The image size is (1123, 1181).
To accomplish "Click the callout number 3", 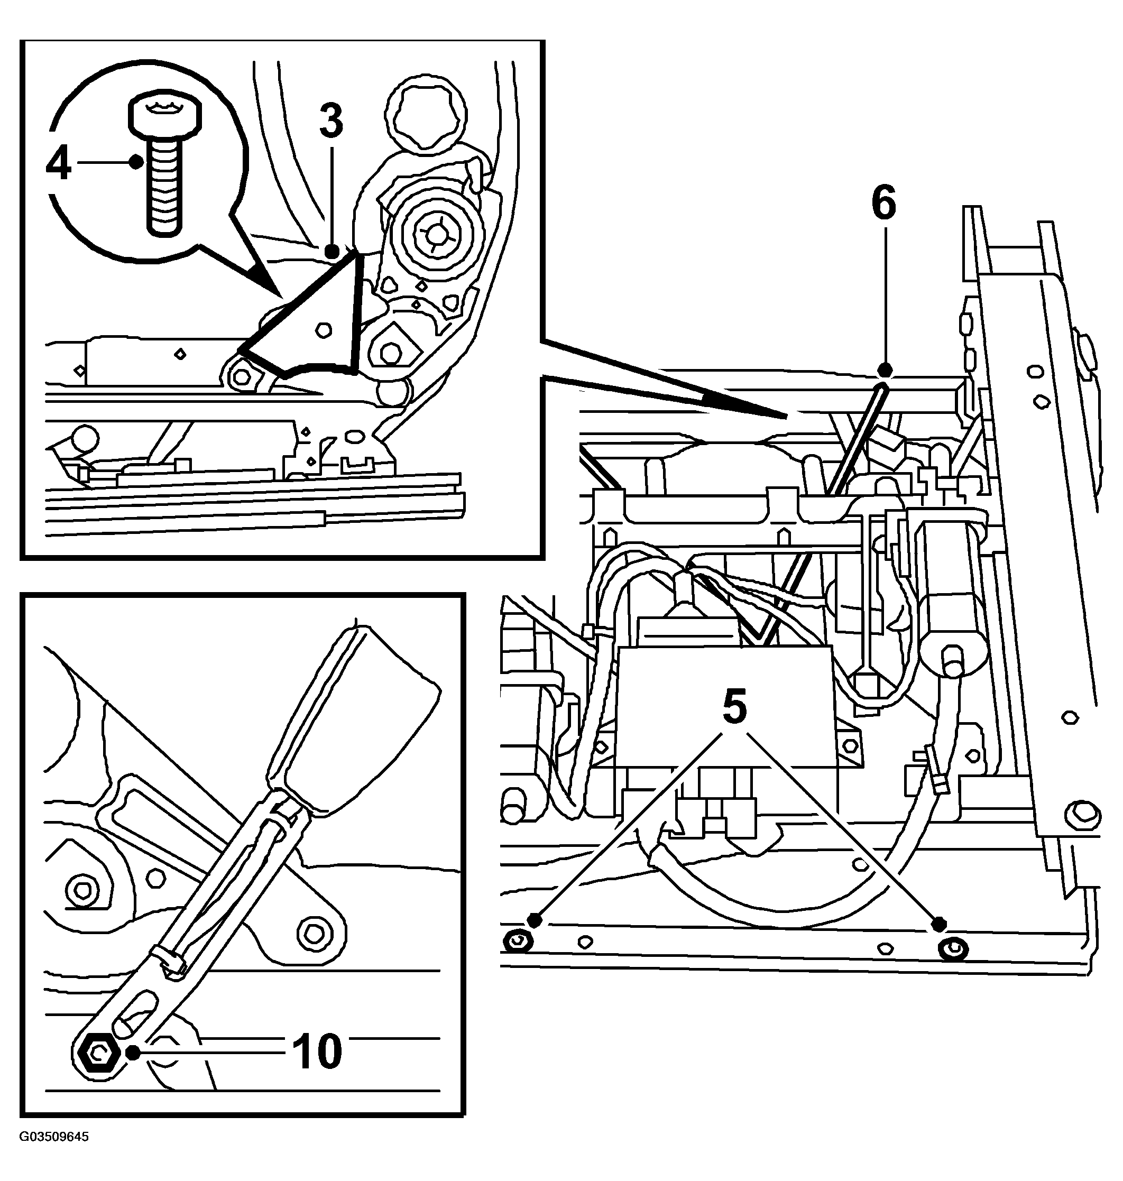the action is (x=331, y=121).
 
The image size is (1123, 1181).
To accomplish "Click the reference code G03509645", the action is (x=54, y=1154).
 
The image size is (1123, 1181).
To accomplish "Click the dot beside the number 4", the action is (x=137, y=161).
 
